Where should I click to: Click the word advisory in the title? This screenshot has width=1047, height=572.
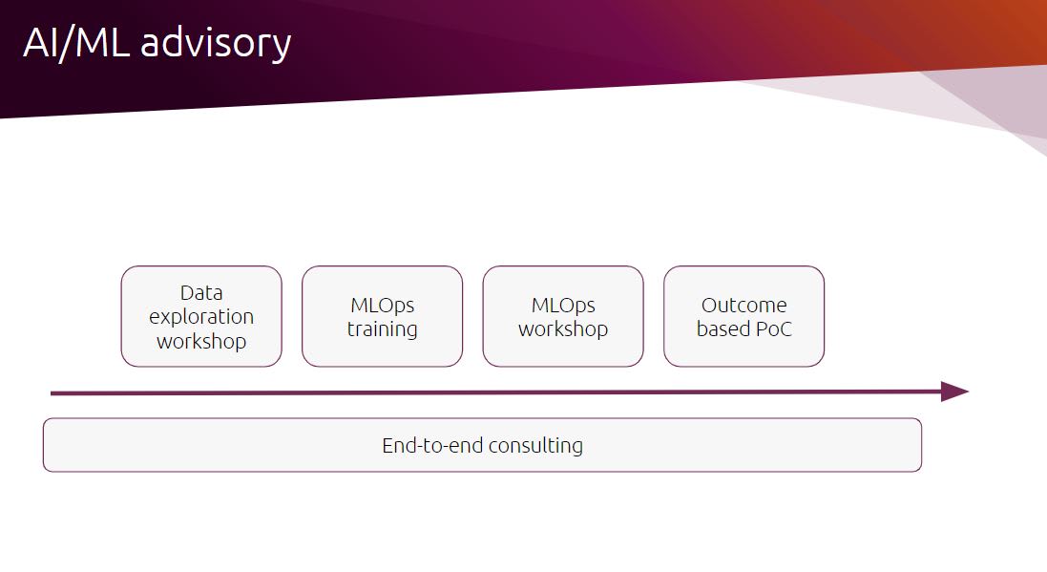[x=216, y=44]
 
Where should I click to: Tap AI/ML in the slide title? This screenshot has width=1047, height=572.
[x=76, y=43]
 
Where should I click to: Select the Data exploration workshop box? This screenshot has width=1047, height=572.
[x=201, y=316]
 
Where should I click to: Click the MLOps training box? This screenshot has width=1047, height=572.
[x=382, y=316]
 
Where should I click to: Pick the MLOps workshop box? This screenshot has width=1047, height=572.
[x=563, y=316]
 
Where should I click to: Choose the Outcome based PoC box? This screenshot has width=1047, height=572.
[x=743, y=316]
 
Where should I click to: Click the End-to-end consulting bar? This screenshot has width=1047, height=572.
[x=482, y=445]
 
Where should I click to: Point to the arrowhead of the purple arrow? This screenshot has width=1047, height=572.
[x=954, y=392]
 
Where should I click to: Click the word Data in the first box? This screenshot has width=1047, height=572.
[x=201, y=292]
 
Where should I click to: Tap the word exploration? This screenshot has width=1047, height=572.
[x=201, y=317]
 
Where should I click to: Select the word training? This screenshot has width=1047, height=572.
[x=382, y=329]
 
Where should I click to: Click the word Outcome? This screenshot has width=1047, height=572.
[x=743, y=306]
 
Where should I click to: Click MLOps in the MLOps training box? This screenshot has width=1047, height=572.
[x=382, y=306]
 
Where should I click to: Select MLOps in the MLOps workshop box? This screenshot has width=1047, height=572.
[x=563, y=306]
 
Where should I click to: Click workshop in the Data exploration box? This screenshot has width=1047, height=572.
[x=201, y=342]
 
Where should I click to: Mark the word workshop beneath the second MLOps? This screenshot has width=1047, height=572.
[x=563, y=329]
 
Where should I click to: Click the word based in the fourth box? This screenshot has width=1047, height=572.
[x=723, y=328]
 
